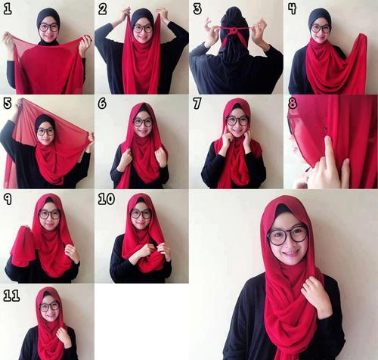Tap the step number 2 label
103,9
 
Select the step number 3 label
197,9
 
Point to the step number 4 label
292,9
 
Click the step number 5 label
8,104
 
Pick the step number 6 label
103,104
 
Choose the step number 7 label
197,104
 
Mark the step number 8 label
292,104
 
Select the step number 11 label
11,295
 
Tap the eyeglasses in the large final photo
287,234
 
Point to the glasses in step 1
48,27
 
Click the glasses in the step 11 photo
49,306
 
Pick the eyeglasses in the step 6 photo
142,122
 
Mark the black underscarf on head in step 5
44,120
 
